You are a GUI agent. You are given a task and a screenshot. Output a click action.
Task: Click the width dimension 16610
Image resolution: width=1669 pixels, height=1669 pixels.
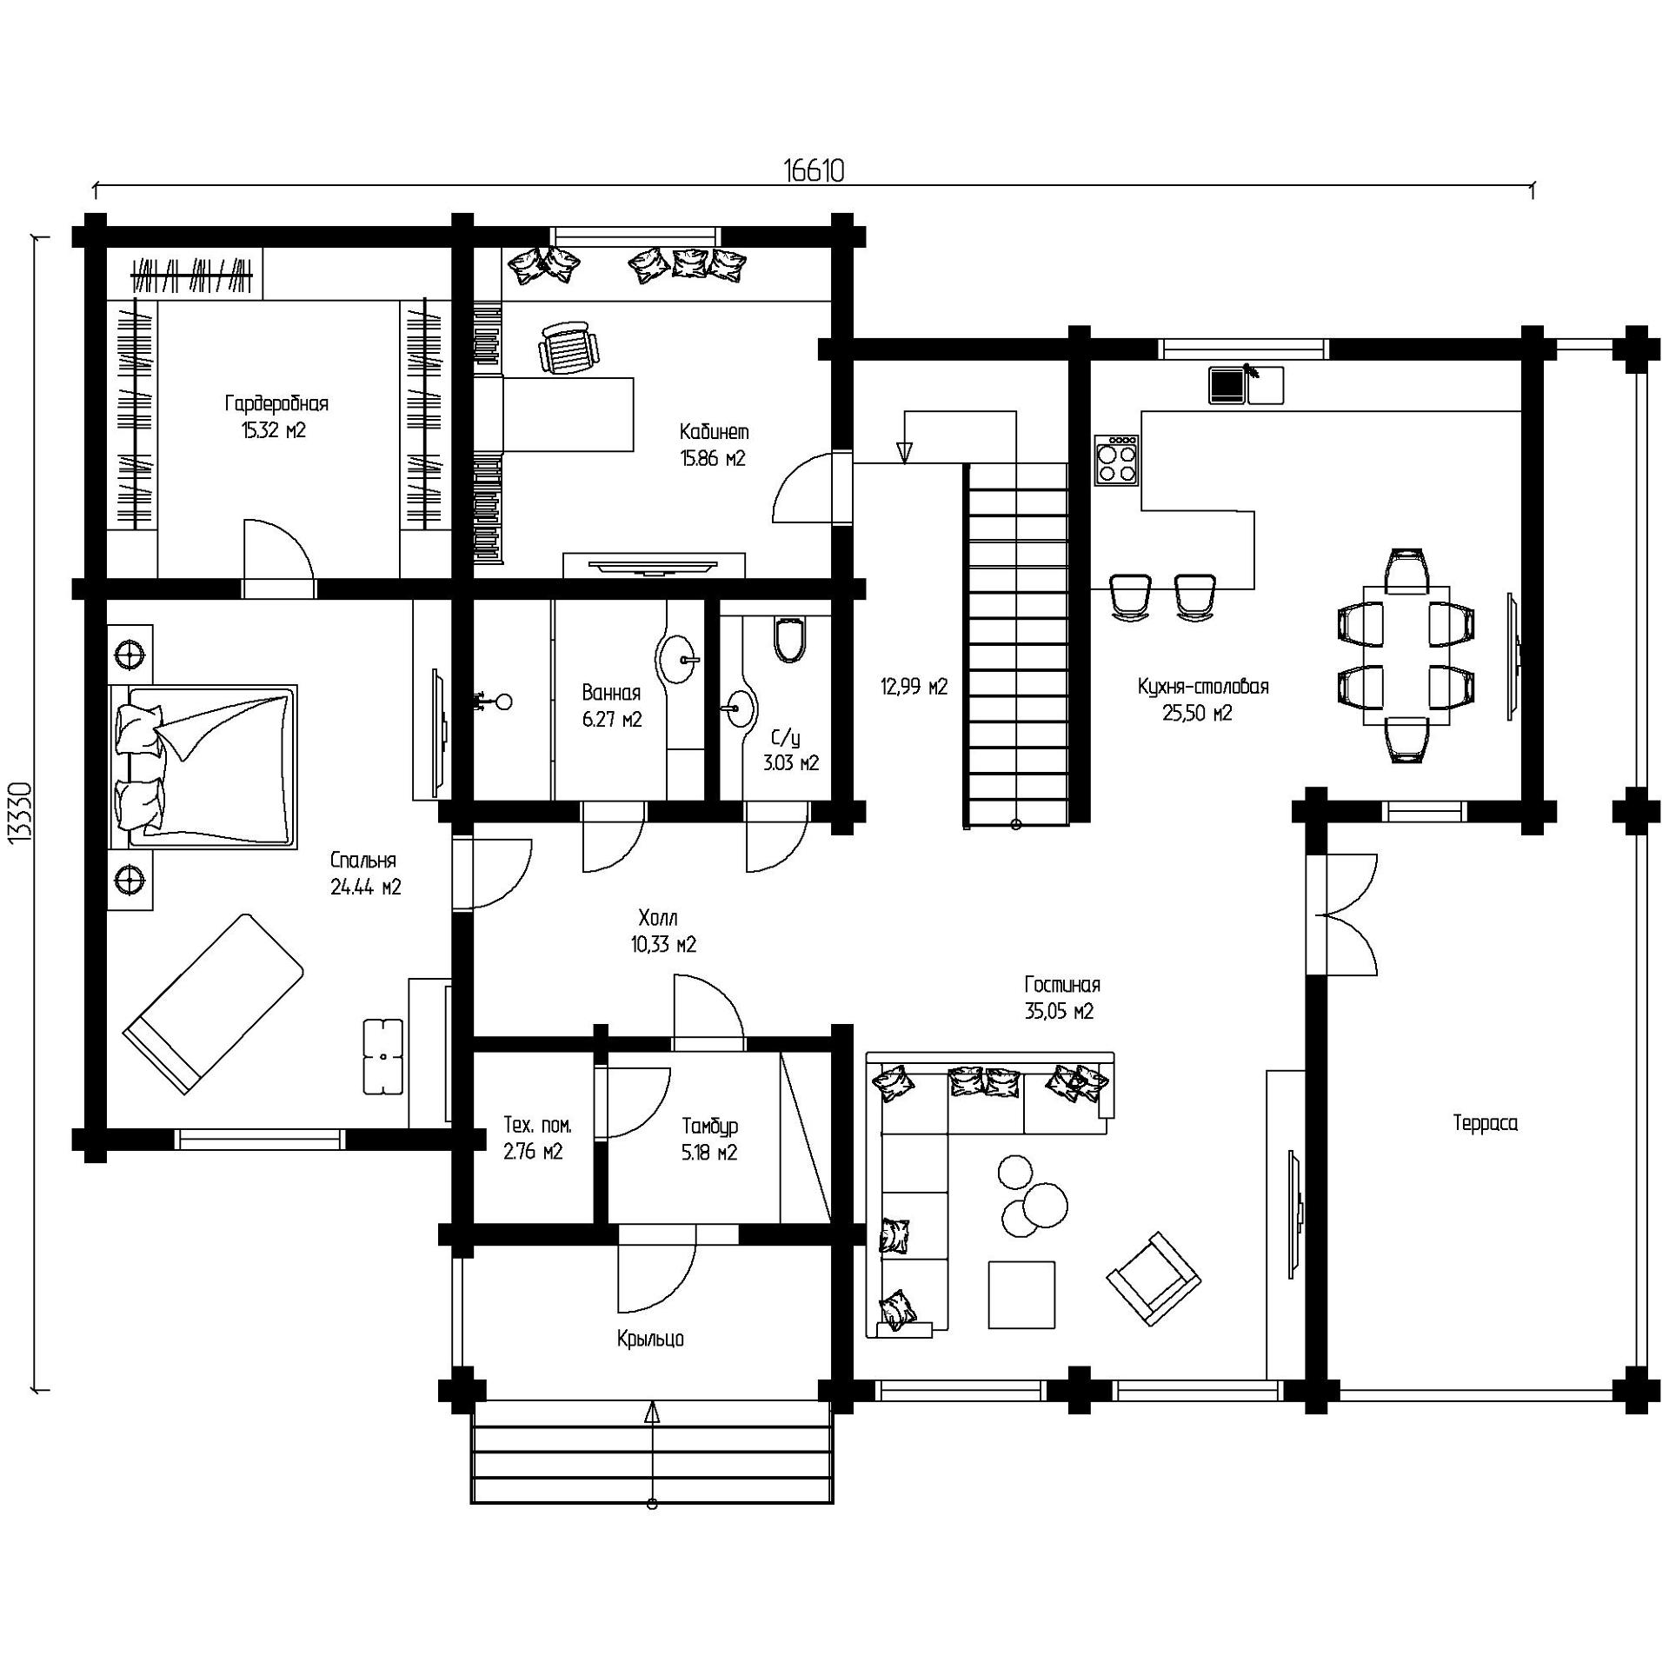pyautogui.click(x=814, y=170)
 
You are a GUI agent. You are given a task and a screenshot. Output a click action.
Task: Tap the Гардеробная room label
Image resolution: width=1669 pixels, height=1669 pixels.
pyautogui.click(x=276, y=403)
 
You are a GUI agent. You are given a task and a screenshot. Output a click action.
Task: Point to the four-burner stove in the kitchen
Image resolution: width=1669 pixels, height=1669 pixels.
pyautogui.click(x=1117, y=460)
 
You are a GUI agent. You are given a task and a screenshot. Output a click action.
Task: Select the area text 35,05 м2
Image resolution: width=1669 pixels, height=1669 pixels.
pyautogui.click(x=1059, y=1012)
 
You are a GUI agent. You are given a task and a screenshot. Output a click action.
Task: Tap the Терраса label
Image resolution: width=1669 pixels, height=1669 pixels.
pyautogui.click(x=1486, y=1123)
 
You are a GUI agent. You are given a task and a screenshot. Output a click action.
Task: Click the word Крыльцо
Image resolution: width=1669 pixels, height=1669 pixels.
pyautogui.click(x=650, y=1339)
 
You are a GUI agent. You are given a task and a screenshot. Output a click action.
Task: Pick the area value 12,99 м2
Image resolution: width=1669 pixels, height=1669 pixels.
pyautogui.click(x=914, y=687)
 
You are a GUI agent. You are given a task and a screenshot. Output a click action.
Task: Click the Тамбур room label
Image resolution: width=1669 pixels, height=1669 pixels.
pyautogui.click(x=709, y=1126)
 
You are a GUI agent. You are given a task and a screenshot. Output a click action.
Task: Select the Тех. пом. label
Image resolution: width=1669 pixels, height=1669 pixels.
pyautogui.click(x=538, y=1126)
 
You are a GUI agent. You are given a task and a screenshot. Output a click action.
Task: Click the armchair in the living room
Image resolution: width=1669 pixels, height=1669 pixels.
pyautogui.click(x=1154, y=1279)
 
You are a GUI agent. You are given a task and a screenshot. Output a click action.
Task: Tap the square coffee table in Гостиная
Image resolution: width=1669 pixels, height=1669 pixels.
pyautogui.click(x=1022, y=1295)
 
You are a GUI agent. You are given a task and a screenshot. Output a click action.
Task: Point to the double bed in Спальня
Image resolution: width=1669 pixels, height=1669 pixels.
pyautogui.click(x=203, y=766)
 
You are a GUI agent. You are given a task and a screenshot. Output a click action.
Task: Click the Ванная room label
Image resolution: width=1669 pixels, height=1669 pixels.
pyautogui.click(x=611, y=693)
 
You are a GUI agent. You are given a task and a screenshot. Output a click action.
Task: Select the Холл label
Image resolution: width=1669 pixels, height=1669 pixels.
pyautogui.click(x=657, y=918)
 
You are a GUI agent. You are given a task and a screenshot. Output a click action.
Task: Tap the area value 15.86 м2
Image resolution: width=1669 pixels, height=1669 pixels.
pyautogui.click(x=713, y=459)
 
